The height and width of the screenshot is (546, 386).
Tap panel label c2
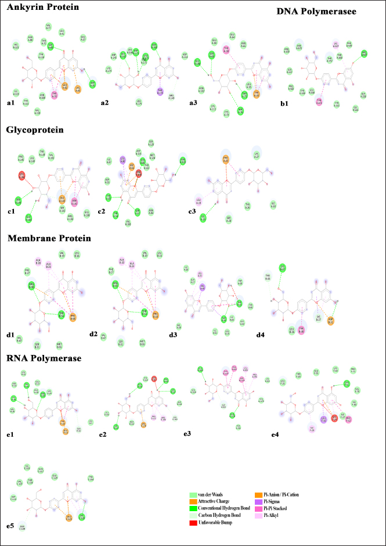[x=106, y=210]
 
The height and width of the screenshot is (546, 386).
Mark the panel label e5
[x=10, y=526]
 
